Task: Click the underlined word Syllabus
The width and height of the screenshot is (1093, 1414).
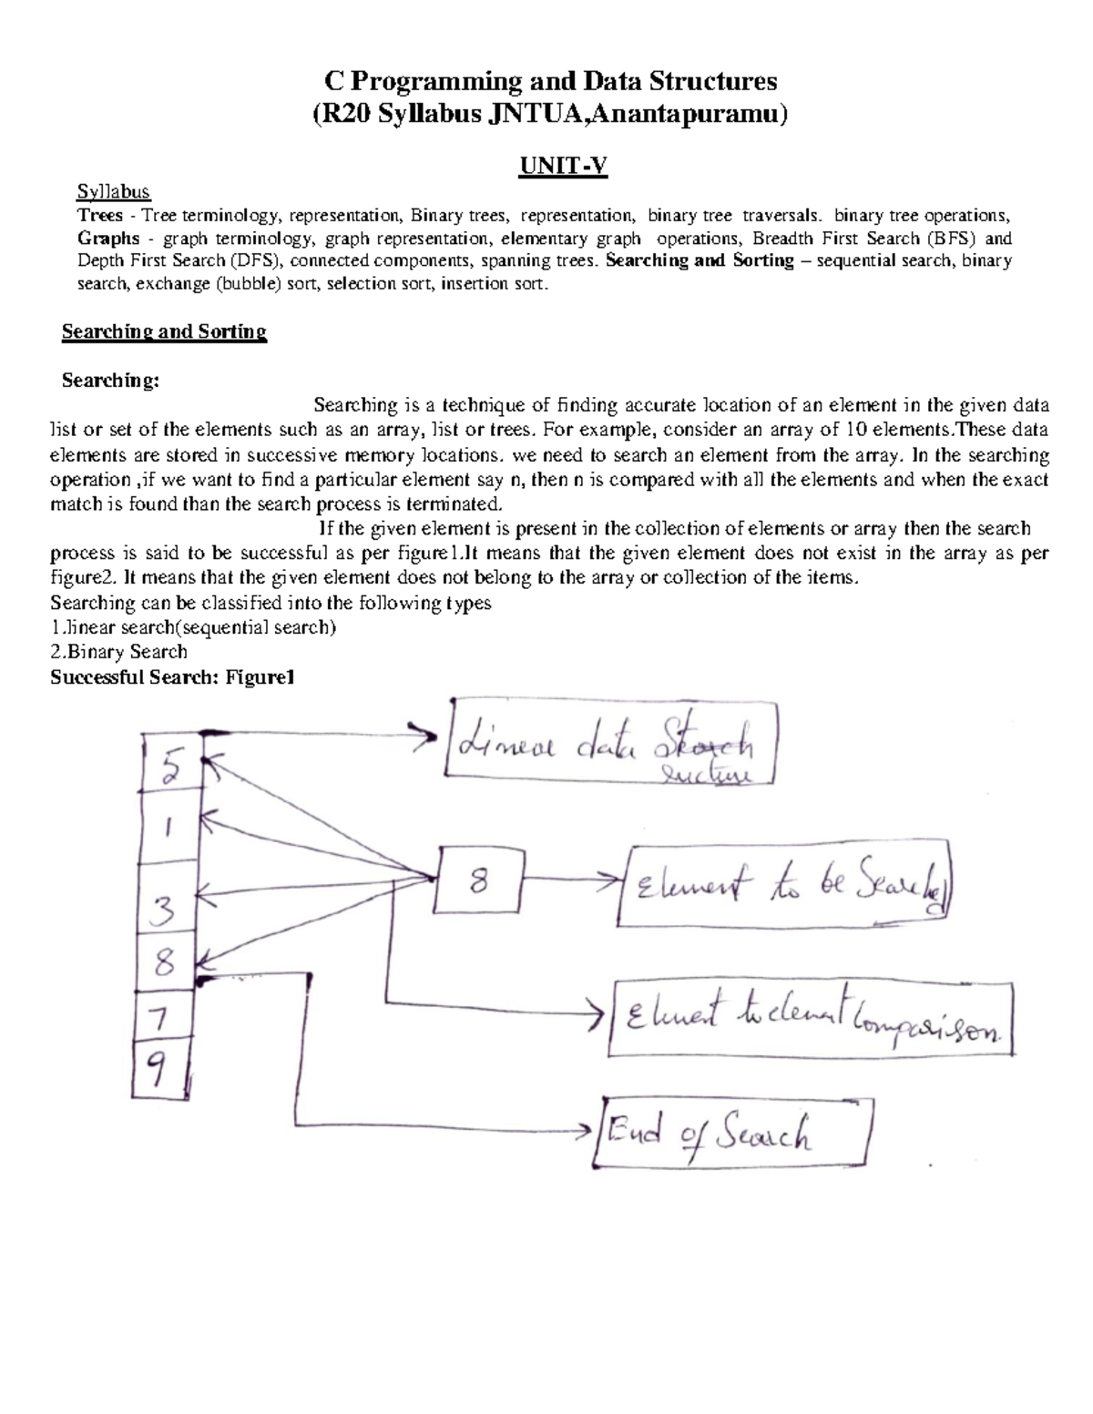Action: (x=113, y=192)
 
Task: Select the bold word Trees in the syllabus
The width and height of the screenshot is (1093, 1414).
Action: (x=100, y=216)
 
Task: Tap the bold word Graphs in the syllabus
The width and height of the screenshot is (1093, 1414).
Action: (x=108, y=239)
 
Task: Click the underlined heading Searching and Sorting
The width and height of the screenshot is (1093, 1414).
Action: (x=164, y=331)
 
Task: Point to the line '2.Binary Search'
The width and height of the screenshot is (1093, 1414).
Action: (x=118, y=652)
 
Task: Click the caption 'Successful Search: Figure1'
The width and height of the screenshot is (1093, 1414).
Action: (x=172, y=677)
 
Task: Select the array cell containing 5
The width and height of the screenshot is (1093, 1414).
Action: (x=170, y=770)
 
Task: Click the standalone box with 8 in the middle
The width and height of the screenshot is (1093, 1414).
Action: (x=478, y=880)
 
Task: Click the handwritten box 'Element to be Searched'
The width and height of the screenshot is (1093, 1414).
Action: (x=786, y=883)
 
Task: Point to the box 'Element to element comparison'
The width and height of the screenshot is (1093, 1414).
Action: (x=811, y=1018)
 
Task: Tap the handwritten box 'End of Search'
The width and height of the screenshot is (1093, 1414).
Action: (x=734, y=1133)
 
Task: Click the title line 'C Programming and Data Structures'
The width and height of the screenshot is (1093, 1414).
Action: (x=551, y=82)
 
